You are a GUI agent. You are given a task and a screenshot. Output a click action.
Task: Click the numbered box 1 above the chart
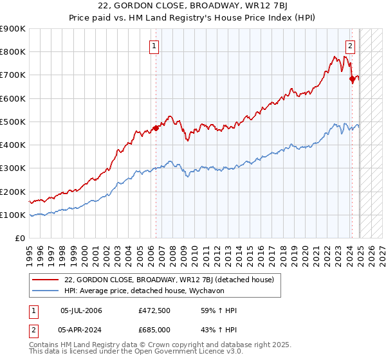[156, 46]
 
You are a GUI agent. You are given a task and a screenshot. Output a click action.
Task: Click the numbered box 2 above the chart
[351, 46]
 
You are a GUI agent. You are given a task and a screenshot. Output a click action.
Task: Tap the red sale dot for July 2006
[156, 128]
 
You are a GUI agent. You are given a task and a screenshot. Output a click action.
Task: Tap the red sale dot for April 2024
[352, 78]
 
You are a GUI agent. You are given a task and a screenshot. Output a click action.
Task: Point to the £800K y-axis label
[13, 52]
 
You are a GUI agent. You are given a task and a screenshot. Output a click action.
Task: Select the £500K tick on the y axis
[13, 122]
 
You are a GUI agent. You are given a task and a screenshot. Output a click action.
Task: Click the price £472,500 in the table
[154, 311]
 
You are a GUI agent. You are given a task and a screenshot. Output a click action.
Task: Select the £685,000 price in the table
[154, 329]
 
